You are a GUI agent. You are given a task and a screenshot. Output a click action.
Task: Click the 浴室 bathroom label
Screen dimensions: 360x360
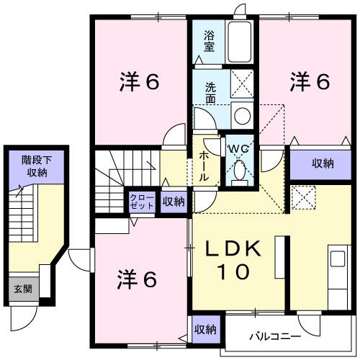point(209,41)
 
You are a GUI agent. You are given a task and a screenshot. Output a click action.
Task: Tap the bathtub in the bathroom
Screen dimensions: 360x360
point(240,42)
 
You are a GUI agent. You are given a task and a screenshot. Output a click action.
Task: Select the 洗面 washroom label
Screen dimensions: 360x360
point(210,93)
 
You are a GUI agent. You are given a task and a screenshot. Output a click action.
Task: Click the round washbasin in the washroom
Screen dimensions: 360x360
point(242,115)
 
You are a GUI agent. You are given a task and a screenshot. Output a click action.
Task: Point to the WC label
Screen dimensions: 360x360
point(238,149)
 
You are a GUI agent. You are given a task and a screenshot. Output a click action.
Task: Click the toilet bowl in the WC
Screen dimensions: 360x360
point(239,170)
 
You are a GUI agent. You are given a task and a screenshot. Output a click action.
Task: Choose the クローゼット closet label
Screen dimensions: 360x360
point(141,202)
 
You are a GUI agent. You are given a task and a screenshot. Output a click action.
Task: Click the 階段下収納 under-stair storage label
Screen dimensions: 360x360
point(37,166)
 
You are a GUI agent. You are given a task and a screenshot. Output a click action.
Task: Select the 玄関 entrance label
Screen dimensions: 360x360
point(23,289)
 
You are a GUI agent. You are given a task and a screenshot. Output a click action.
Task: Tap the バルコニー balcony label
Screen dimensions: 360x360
point(275,336)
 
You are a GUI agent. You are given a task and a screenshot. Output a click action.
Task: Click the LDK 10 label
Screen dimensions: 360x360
point(233,260)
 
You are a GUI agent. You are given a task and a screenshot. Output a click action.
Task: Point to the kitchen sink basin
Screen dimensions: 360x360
point(338,258)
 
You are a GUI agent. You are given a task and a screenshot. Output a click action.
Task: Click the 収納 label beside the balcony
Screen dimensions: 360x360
point(205,330)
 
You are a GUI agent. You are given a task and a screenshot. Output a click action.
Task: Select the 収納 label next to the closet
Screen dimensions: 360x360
point(174,202)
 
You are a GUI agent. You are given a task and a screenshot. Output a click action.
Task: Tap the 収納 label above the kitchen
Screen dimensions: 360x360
point(323,163)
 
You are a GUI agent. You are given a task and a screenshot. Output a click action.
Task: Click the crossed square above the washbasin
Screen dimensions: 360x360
point(242,84)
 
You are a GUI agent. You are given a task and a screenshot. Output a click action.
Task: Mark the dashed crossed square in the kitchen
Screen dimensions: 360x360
point(303,198)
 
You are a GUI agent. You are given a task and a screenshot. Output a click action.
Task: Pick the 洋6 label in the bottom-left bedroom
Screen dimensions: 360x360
point(137,279)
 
